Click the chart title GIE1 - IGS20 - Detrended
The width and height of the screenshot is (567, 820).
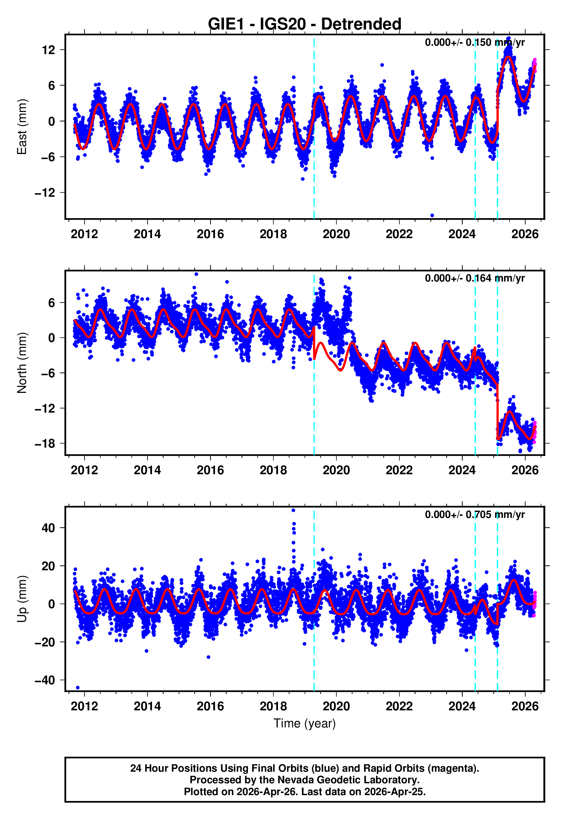(x=305, y=24)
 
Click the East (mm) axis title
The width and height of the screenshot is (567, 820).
(x=22, y=127)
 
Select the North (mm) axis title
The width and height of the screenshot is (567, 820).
(x=22, y=363)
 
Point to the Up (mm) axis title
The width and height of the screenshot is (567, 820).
(x=22, y=599)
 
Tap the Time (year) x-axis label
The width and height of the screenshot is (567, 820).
(x=305, y=723)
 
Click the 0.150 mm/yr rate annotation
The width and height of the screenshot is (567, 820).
(x=475, y=42)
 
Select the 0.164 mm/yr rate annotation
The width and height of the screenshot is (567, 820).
(x=475, y=278)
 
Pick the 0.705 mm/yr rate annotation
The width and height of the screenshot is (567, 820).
(x=475, y=514)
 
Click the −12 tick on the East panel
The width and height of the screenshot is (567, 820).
(x=45, y=193)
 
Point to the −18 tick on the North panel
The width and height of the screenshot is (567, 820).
(x=45, y=444)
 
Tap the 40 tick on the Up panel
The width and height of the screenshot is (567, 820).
(x=48, y=528)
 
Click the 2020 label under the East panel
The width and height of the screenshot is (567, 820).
(x=336, y=234)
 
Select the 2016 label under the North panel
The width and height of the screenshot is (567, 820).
(x=210, y=470)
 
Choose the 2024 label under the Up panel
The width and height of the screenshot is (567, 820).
(x=462, y=706)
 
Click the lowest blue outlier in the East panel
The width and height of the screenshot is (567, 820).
(x=432, y=215)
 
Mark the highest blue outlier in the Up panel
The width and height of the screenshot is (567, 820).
(x=293, y=510)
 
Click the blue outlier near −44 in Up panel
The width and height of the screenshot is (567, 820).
(x=78, y=687)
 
